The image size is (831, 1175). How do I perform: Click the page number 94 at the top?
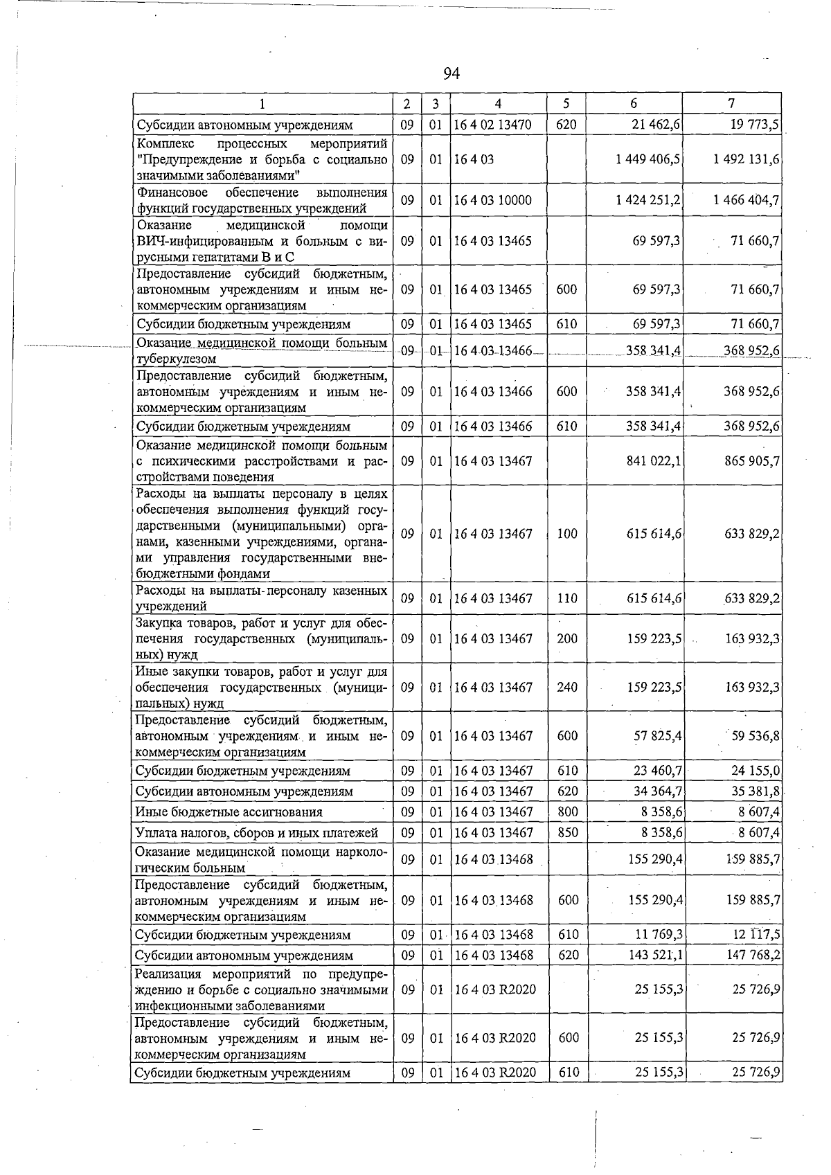click(451, 73)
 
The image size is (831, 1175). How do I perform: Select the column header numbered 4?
click(498, 104)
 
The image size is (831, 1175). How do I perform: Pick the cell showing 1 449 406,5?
click(647, 159)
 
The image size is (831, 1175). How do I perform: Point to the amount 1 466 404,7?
click(746, 201)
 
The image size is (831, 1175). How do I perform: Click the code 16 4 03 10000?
click(492, 201)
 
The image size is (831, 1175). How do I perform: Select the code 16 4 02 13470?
click(492, 125)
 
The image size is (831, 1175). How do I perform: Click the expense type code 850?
click(567, 832)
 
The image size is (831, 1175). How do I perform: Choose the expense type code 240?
click(567, 688)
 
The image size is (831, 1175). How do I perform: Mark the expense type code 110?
click(567, 598)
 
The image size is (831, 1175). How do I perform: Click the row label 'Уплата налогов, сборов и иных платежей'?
click(257, 832)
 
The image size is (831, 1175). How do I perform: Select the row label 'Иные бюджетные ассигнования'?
click(229, 811)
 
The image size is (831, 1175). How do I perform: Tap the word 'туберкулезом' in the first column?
click(177, 359)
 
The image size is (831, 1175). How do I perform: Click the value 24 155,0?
click(756, 771)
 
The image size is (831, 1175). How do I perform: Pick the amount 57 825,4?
click(658, 736)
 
